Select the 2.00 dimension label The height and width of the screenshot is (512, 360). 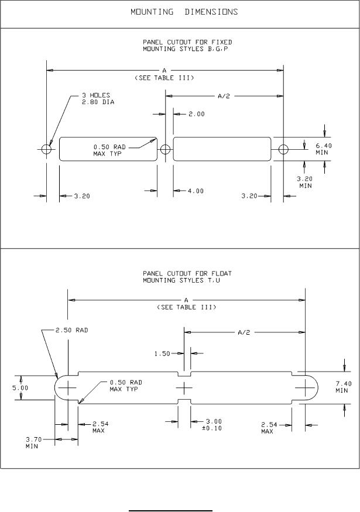coord(196,114)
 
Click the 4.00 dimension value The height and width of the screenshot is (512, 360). coord(196,191)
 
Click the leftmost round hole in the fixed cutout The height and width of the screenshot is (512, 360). coord(46,149)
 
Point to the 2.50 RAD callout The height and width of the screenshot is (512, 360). coord(71,330)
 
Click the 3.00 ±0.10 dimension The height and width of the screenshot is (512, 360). coord(213,424)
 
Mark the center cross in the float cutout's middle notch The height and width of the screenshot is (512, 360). coord(184,387)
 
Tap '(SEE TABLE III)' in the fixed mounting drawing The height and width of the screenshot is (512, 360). coord(164,78)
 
